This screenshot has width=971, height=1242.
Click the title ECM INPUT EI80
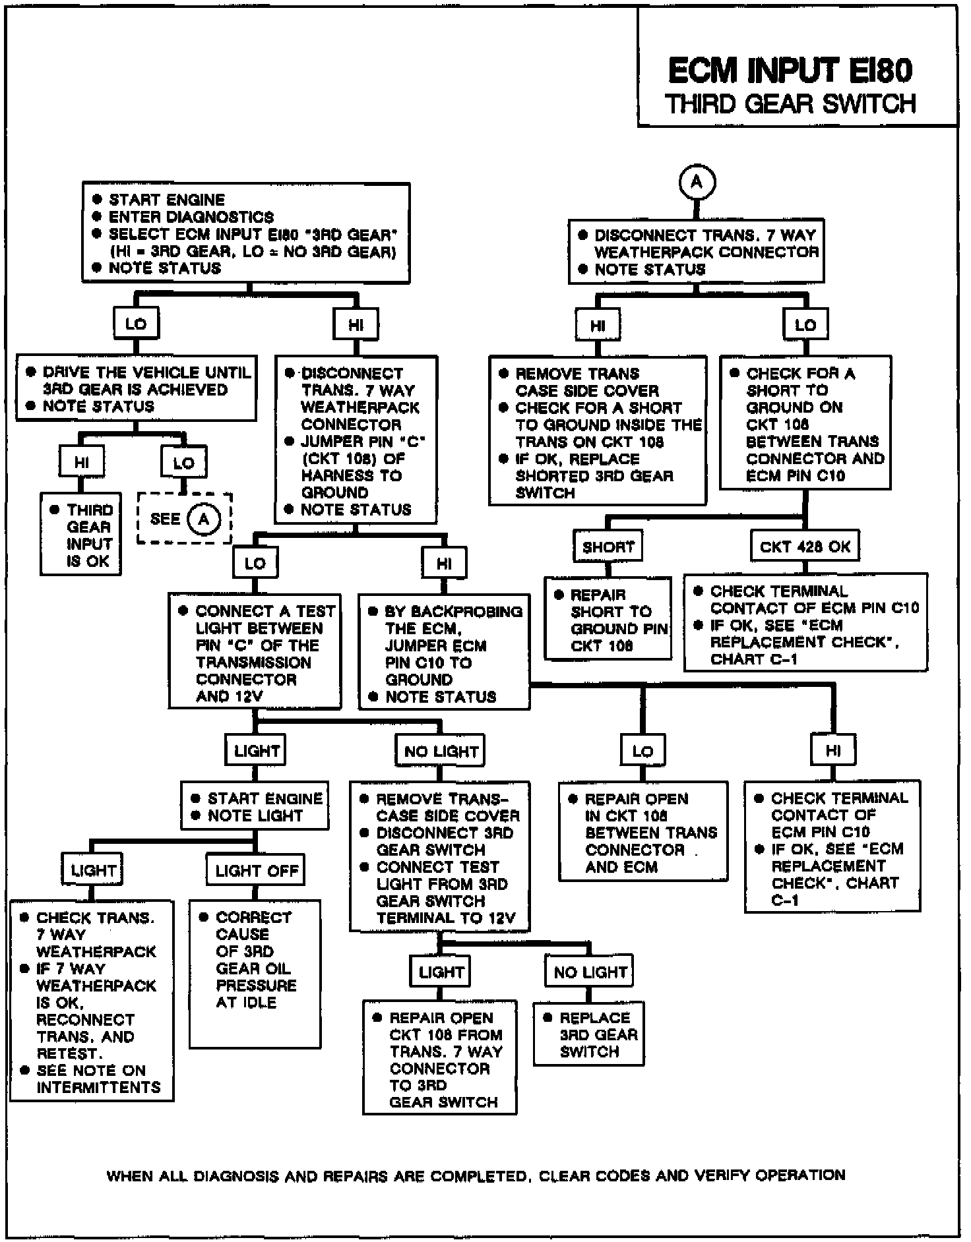(790, 71)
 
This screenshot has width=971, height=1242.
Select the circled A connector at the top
(697, 182)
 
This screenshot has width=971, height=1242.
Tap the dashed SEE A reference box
(185, 519)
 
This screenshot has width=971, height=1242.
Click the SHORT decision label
(608, 547)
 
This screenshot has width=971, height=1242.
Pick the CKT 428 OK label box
(805, 547)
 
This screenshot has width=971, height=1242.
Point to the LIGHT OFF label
(257, 871)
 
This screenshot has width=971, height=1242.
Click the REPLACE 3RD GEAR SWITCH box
(589, 1034)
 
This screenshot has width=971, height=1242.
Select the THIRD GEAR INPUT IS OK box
(80, 535)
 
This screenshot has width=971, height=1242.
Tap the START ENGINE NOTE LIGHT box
(255, 806)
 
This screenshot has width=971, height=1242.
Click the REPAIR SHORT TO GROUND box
(608, 619)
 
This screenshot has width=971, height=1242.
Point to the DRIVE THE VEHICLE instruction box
(136, 389)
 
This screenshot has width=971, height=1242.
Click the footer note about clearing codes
(475, 1175)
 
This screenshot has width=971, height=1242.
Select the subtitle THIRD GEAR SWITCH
(790, 104)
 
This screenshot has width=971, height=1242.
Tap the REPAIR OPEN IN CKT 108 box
(643, 832)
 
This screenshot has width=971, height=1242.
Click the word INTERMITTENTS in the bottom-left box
(99, 1087)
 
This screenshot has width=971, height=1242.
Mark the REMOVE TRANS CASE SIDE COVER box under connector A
(598, 432)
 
